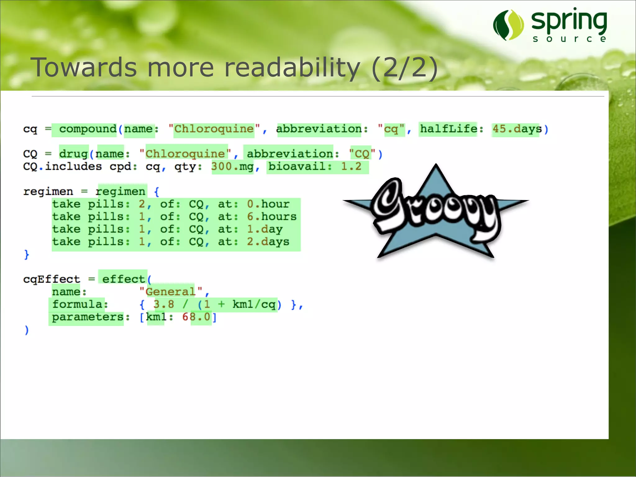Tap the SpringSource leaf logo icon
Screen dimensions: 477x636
pos(508,25)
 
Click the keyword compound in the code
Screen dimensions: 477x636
pos(88,129)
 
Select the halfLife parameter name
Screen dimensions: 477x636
pos(448,129)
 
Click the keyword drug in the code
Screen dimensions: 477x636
pos(74,154)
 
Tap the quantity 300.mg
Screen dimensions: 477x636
pos(232,167)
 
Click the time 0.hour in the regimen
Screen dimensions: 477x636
pos(268,204)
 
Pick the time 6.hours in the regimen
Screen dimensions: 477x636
pos(272,216)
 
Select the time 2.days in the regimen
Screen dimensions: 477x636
pos(268,242)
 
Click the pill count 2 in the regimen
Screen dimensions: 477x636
pos(142,204)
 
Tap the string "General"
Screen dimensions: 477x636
pos(170,292)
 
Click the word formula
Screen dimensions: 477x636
pos(77,304)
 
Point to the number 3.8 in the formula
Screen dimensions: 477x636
pos(164,304)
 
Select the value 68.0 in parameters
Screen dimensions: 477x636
pos(196,317)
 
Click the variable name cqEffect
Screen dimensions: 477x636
pos(52,279)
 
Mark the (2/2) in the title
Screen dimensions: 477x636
pos(404,68)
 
